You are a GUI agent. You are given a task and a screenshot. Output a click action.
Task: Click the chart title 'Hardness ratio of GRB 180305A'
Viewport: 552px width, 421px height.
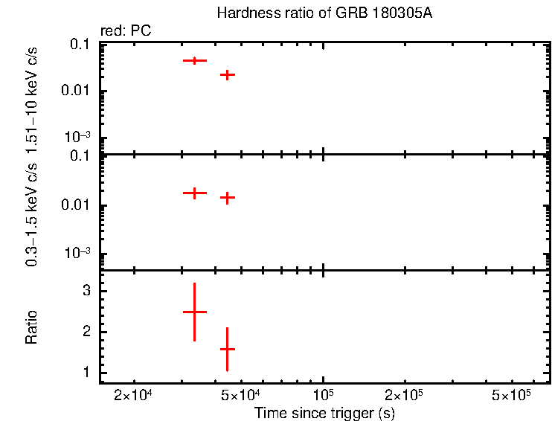point(324,14)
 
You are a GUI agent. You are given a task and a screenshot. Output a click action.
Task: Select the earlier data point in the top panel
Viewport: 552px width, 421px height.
point(194,60)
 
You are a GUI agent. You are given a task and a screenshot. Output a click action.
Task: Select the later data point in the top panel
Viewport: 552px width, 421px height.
point(228,74)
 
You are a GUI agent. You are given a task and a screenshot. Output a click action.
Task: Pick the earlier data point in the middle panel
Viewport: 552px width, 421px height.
point(194,193)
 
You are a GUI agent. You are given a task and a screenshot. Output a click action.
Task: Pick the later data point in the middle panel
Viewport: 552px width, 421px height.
point(228,198)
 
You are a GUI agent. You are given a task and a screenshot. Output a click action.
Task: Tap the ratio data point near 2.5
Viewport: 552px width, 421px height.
point(194,312)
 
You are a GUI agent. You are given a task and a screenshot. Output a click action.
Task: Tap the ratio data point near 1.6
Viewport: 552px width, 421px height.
point(228,349)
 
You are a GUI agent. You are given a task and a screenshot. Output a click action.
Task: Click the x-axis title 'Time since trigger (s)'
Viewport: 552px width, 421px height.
point(324,413)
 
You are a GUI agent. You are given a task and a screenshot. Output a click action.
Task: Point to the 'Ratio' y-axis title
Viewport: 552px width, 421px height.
point(31,327)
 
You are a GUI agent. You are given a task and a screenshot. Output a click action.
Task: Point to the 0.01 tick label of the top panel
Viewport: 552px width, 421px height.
point(79,91)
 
